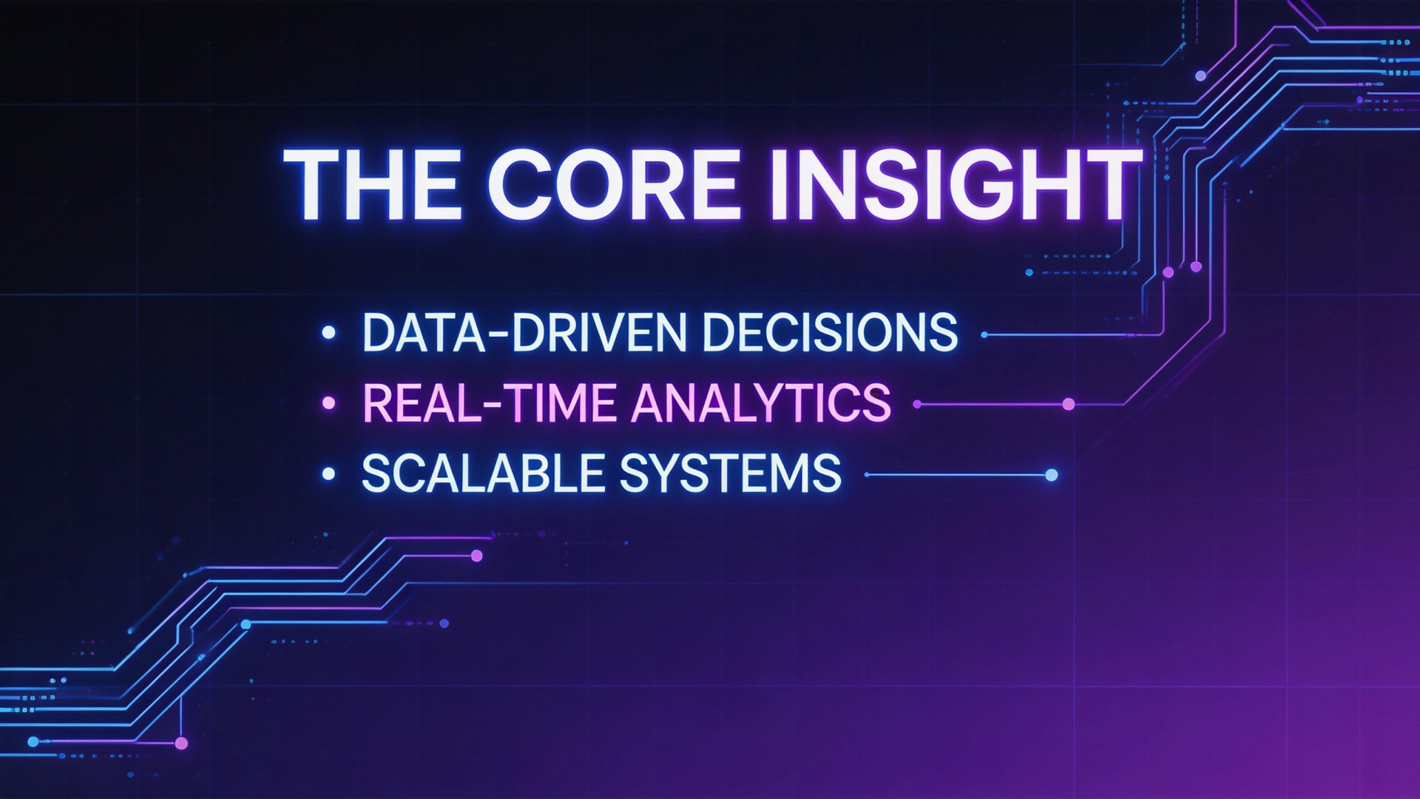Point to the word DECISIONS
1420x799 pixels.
830,333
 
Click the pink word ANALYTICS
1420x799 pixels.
760,403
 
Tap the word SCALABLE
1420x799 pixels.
483,473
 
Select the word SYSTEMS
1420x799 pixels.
730,473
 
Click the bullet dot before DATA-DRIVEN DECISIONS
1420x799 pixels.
329,333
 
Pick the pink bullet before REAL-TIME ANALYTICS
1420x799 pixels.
329,403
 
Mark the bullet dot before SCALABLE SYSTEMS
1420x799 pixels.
329,473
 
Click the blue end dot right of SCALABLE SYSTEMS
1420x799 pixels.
1051,475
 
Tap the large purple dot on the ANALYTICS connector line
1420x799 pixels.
1068,404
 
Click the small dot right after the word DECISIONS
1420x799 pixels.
984,334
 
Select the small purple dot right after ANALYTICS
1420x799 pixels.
917,404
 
